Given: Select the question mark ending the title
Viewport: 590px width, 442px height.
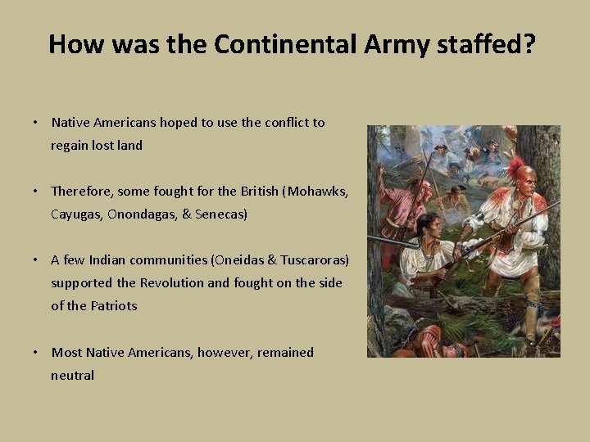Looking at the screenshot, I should click(x=529, y=43).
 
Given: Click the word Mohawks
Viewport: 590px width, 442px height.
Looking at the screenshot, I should click(x=317, y=191).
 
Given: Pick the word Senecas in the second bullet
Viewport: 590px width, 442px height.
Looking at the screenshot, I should click(x=220, y=214).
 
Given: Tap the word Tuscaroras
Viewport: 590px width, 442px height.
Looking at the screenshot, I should click(x=312, y=259).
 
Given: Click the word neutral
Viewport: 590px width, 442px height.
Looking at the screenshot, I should click(x=72, y=375).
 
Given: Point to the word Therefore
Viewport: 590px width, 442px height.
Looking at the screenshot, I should click(x=81, y=191).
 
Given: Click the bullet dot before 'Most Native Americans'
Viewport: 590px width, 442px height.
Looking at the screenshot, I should click(x=36, y=352).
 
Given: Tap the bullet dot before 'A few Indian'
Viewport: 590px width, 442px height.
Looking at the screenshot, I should click(x=36, y=259).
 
